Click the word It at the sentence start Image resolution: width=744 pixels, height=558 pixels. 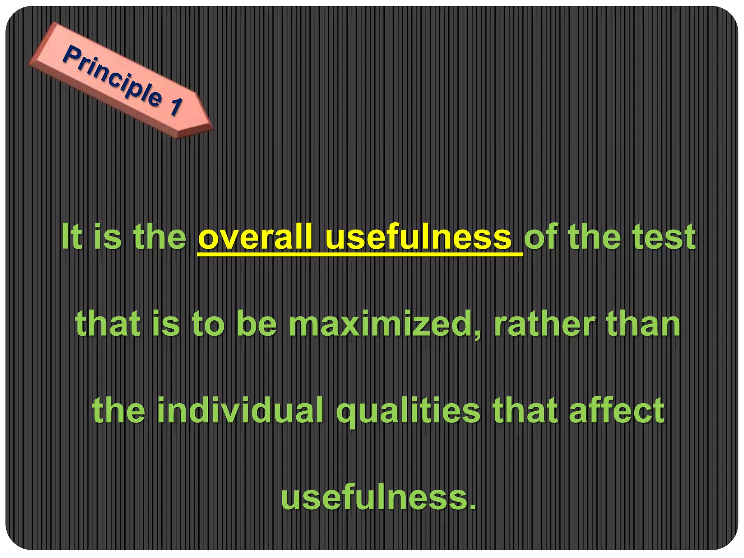tap(72, 237)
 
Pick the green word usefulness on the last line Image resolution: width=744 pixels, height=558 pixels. tap(374, 498)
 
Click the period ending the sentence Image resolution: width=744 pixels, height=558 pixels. tap(472, 507)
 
